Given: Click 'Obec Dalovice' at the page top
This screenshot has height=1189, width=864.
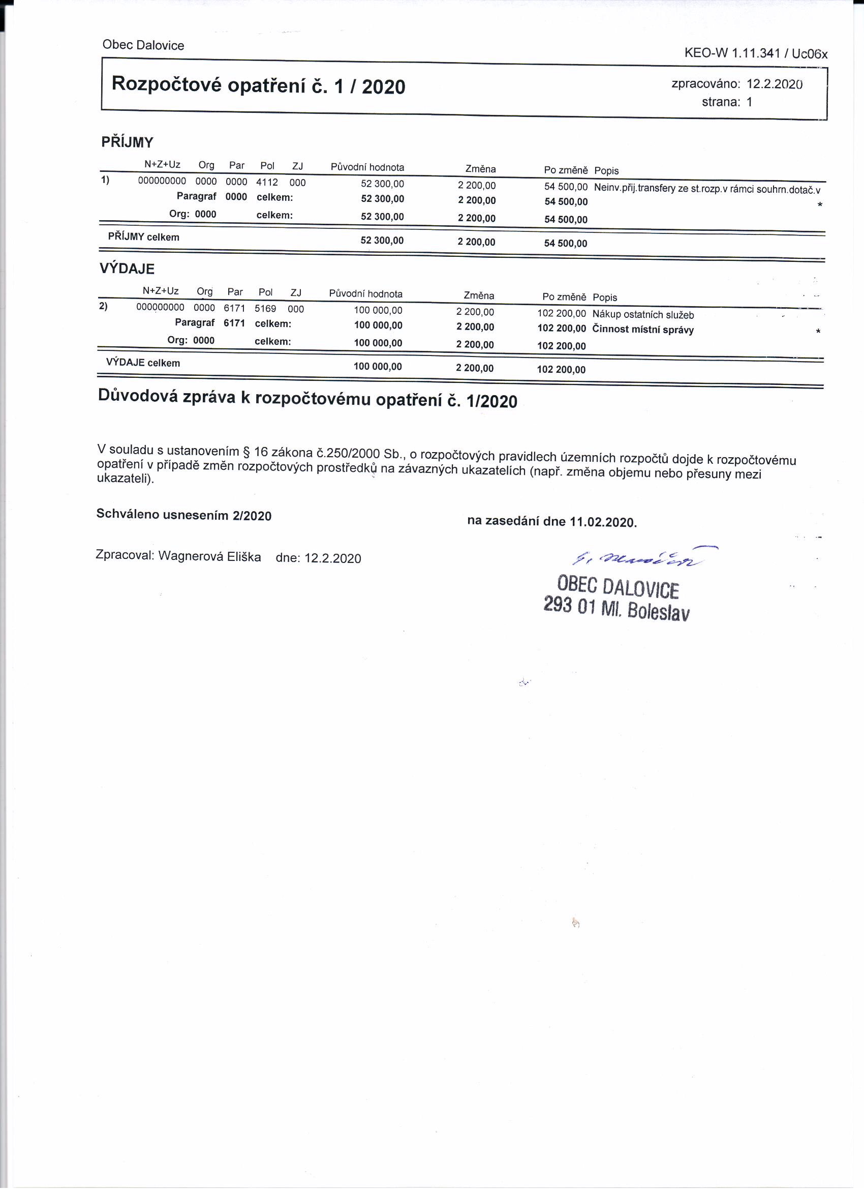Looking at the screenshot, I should coord(143,45).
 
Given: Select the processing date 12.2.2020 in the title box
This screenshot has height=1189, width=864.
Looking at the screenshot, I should coord(775,84).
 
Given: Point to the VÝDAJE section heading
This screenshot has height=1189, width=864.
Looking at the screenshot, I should coord(127,269).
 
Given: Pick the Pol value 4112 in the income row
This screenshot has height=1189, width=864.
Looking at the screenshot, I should coord(267,183).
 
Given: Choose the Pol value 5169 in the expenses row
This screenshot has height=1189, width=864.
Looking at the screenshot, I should coord(265,309).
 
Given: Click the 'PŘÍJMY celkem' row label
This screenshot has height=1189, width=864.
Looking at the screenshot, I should coord(143,237).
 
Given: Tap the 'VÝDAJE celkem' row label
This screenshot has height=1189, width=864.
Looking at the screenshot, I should coord(142,363).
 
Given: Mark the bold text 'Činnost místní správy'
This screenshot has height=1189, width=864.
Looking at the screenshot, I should coord(643,330).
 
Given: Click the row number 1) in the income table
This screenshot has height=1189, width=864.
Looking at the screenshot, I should coord(105,181).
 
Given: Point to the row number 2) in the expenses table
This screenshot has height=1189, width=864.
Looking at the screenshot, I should coord(103,306).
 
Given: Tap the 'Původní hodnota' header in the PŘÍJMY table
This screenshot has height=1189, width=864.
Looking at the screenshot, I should coord(367,167).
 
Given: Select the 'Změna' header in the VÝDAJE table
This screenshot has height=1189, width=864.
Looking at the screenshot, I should coord(478,295).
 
